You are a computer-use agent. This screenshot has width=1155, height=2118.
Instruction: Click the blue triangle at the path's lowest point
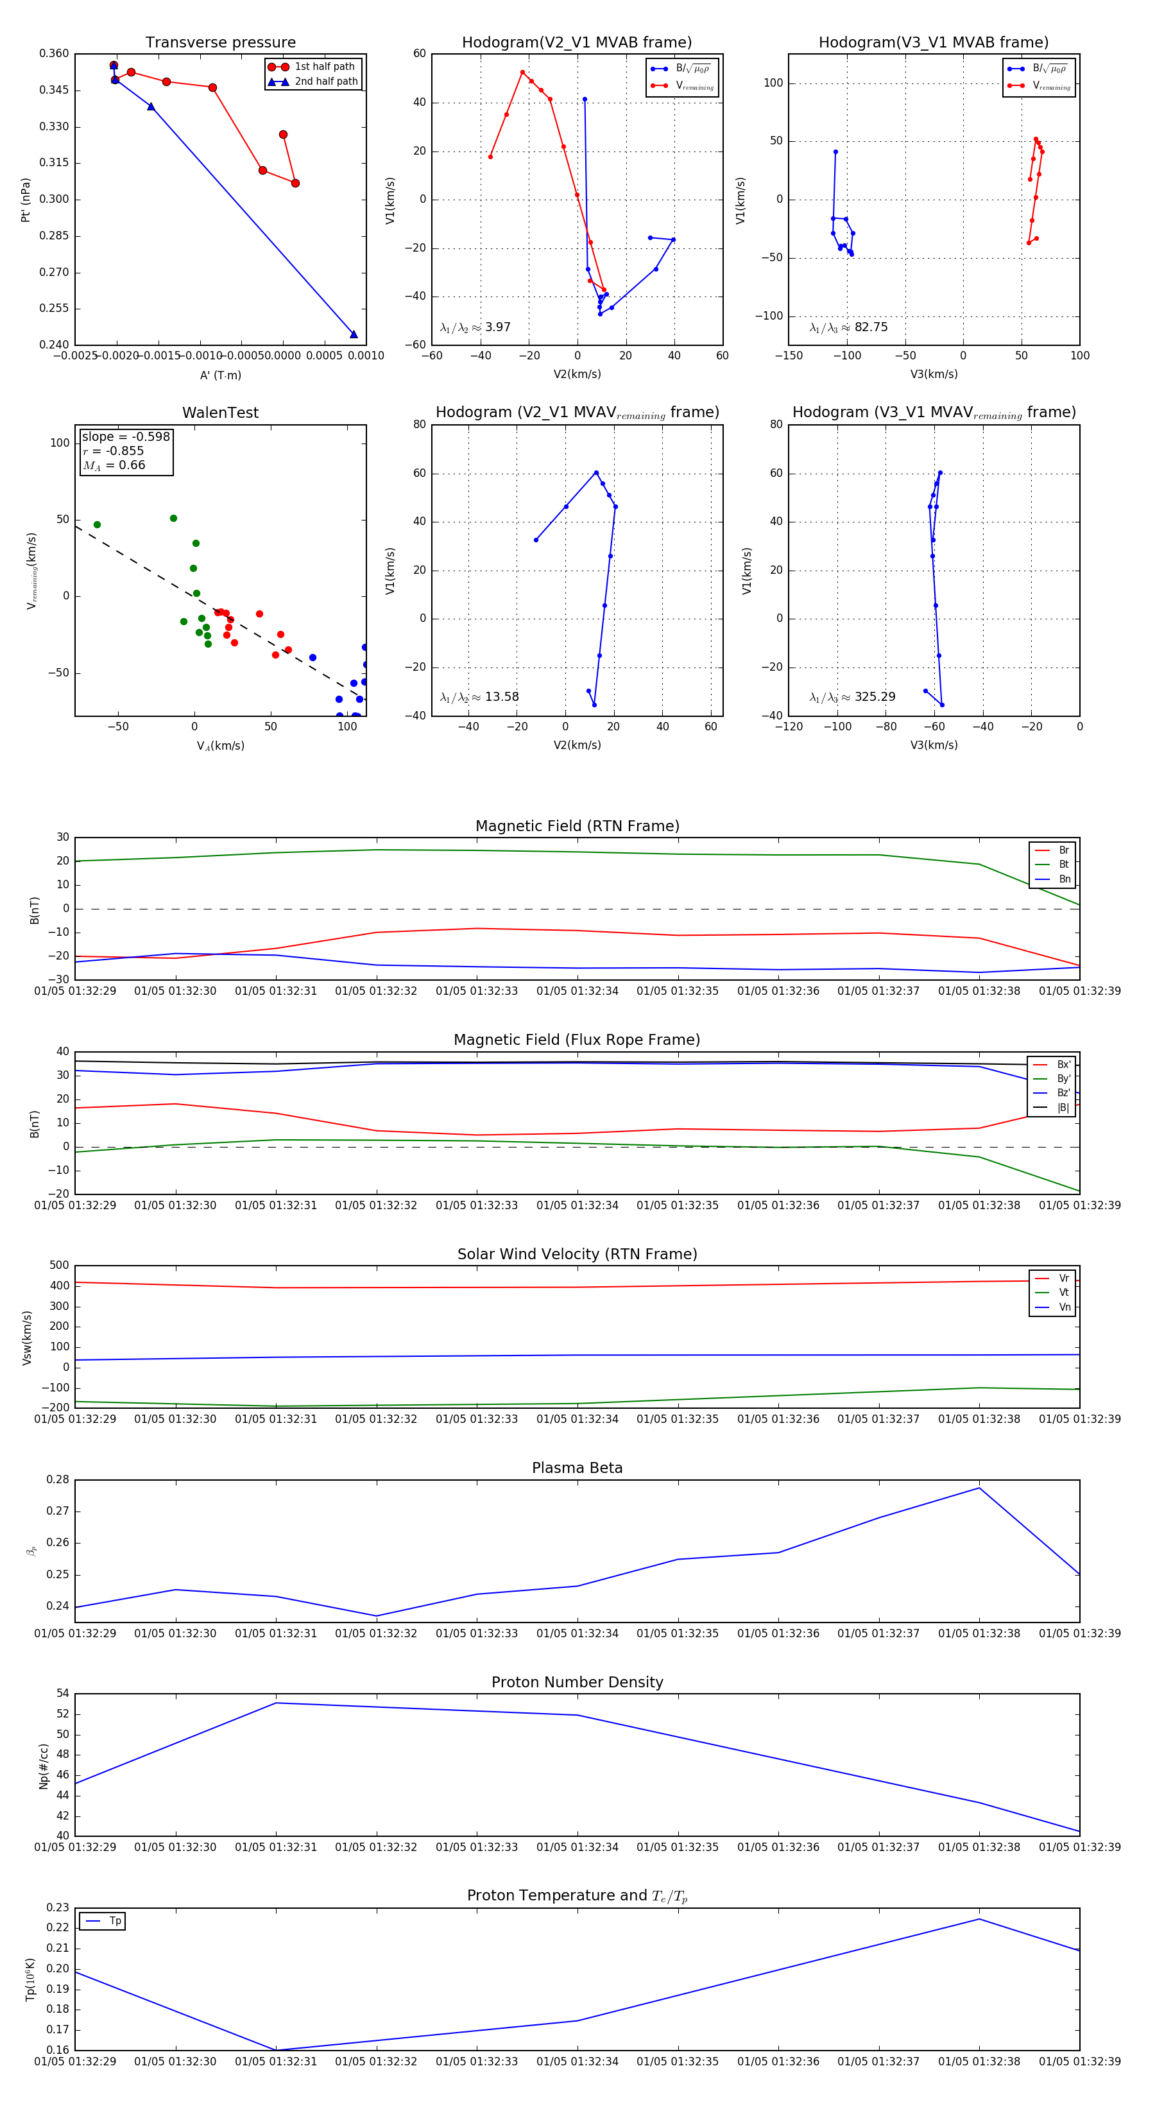354,334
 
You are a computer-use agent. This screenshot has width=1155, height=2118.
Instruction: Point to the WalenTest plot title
220,413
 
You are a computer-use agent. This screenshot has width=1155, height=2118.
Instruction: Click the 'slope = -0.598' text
126,436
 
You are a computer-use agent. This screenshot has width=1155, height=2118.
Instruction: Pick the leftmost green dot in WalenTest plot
97,524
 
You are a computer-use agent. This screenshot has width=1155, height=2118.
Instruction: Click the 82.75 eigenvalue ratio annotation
848,327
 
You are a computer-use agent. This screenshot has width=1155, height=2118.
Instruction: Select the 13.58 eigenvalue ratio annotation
479,697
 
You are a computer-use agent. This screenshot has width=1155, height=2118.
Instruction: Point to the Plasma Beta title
577,1468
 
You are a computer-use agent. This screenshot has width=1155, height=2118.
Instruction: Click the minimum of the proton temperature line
275,2050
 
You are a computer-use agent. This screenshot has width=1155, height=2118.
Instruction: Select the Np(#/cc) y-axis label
44,1765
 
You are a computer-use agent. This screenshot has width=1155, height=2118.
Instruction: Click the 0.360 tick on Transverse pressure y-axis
55,53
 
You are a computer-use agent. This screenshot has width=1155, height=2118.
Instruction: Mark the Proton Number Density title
577,1682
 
